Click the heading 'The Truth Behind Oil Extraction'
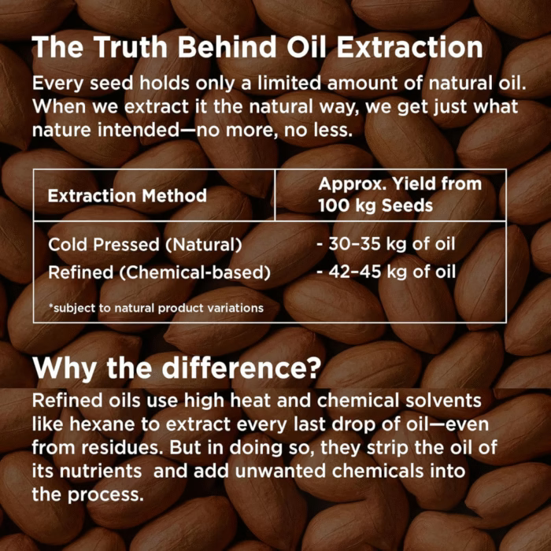click(257, 48)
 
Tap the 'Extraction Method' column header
click(128, 196)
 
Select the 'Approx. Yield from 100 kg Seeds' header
click(399, 194)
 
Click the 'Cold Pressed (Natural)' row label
click(145, 244)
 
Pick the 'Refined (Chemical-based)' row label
click(159, 272)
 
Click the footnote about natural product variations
click(156, 308)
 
